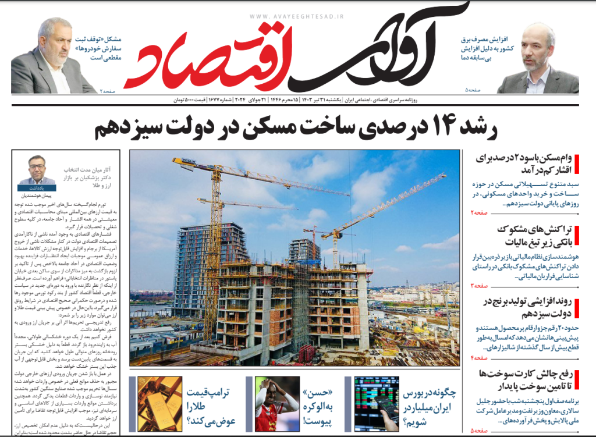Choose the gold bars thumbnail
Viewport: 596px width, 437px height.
coord(159,404)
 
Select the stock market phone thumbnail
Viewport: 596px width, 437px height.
coord(377,404)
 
